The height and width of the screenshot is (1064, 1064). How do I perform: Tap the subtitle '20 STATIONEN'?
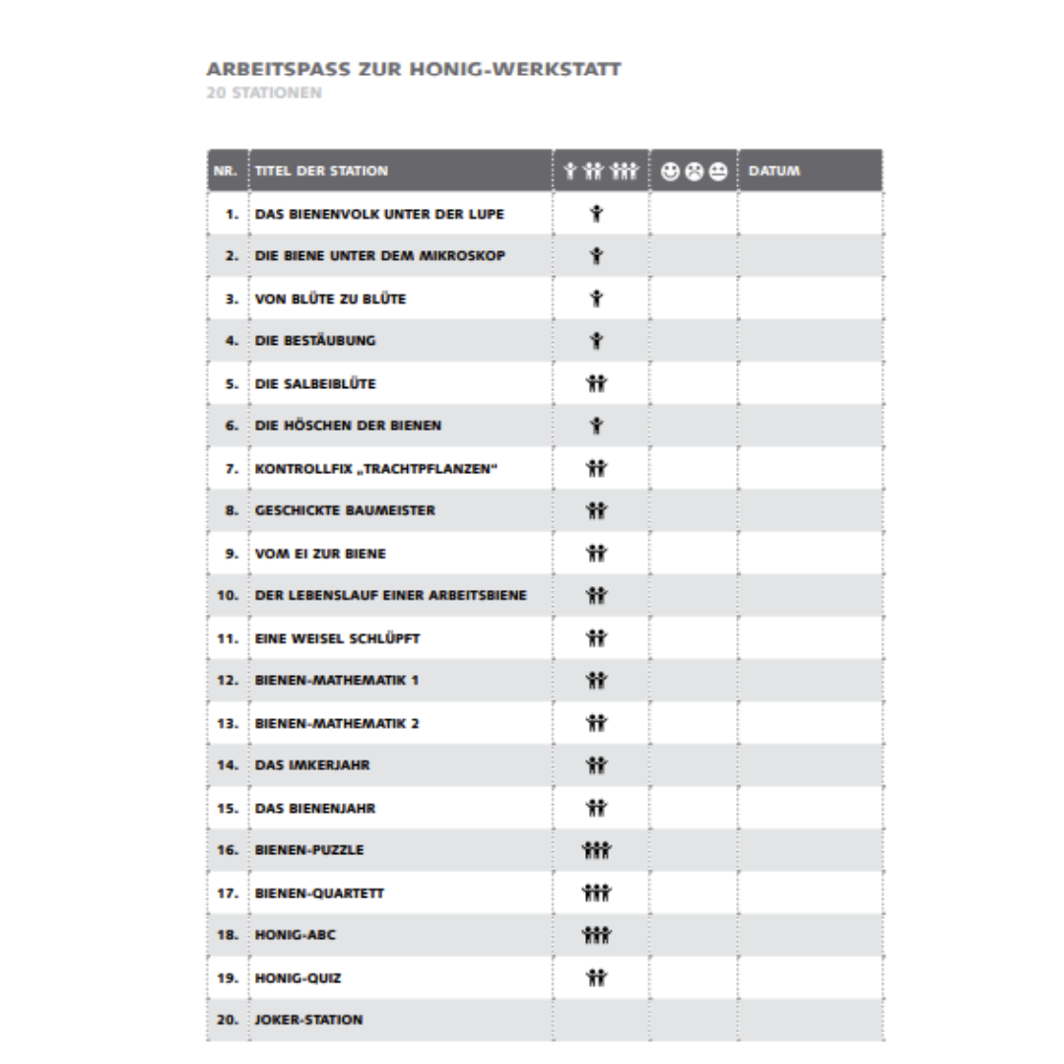coord(264,95)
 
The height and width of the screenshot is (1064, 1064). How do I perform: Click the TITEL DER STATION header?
coord(321,171)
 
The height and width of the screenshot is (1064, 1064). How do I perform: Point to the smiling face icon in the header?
coord(670,171)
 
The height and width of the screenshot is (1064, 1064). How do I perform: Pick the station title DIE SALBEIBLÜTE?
coord(315,384)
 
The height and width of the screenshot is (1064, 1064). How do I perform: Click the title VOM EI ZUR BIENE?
coord(320,554)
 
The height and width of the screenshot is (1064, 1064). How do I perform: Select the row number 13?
coord(228,724)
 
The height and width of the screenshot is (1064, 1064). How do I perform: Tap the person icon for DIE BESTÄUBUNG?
coord(595,342)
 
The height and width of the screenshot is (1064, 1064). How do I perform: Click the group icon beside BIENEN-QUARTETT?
coord(596,894)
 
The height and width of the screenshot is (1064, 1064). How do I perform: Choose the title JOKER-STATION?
coord(308,1020)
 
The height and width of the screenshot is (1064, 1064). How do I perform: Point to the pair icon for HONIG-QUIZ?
coord(595,978)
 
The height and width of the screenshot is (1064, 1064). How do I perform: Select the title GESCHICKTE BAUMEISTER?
coord(345,511)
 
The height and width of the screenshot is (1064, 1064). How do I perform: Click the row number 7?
coord(232,469)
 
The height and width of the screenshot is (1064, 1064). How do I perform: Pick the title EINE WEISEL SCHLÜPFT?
coord(337,638)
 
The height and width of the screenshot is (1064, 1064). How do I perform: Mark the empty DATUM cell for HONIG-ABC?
coord(810,935)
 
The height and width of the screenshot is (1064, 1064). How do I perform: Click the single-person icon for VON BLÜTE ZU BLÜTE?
coord(595,299)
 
